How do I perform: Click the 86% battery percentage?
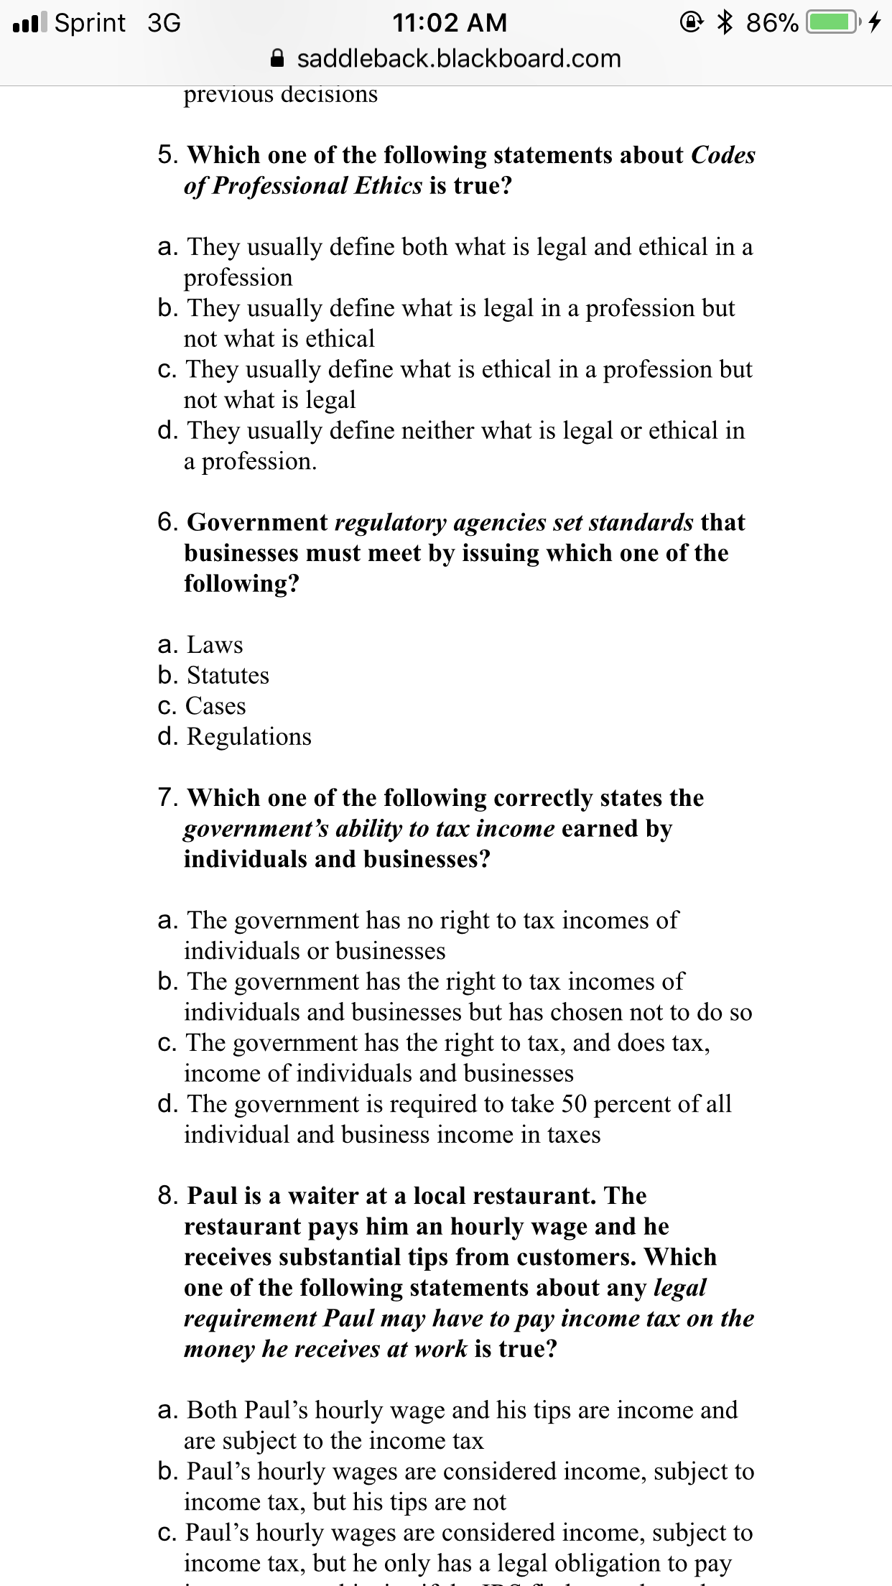[771, 23]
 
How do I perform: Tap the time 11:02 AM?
[450, 23]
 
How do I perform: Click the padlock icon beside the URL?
[278, 59]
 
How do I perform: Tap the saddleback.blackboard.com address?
[458, 59]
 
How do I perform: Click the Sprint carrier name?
[90, 23]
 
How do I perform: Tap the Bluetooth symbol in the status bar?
[725, 23]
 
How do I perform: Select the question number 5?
[167, 155]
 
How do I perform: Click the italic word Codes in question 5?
[723, 155]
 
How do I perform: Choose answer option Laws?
[215, 645]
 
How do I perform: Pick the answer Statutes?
[228, 676]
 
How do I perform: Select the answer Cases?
[215, 706]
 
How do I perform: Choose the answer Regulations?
[248, 737]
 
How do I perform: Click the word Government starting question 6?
[257, 522]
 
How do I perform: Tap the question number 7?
[167, 798]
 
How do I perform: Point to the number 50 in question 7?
[574, 1104]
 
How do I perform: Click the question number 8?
[167, 1196]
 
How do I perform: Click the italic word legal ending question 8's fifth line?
[679, 1288]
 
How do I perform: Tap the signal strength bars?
[29, 23]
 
